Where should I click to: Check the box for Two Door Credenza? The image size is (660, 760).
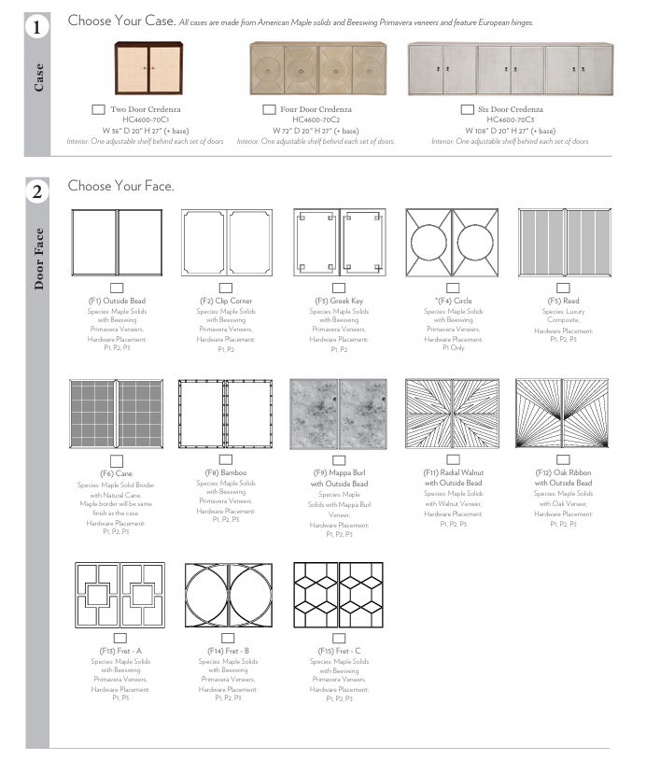tap(98, 109)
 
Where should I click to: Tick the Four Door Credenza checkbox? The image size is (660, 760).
tap(269, 109)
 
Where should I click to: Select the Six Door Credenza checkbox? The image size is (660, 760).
tap(468, 109)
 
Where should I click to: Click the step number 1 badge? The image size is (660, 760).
tap(36, 27)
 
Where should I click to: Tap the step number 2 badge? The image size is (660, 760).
tap(36, 192)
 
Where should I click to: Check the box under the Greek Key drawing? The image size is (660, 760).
tap(339, 289)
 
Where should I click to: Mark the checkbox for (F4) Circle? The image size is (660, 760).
tap(453, 289)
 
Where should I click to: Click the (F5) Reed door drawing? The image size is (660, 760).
tap(563, 242)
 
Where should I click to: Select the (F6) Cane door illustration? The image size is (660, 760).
tap(117, 413)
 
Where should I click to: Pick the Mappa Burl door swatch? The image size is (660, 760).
tap(339, 413)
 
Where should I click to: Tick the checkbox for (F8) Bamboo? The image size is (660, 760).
tap(225, 459)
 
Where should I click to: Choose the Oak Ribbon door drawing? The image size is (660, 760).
tap(563, 413)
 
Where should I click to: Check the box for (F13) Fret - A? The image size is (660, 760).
tap(119, 638)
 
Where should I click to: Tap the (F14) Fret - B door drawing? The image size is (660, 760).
tap(229, 595)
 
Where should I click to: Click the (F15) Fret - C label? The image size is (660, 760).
tap(339, 650)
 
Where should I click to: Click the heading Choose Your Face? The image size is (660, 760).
tap(120, 186)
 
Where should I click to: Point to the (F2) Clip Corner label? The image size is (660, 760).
tap(226, 302)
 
